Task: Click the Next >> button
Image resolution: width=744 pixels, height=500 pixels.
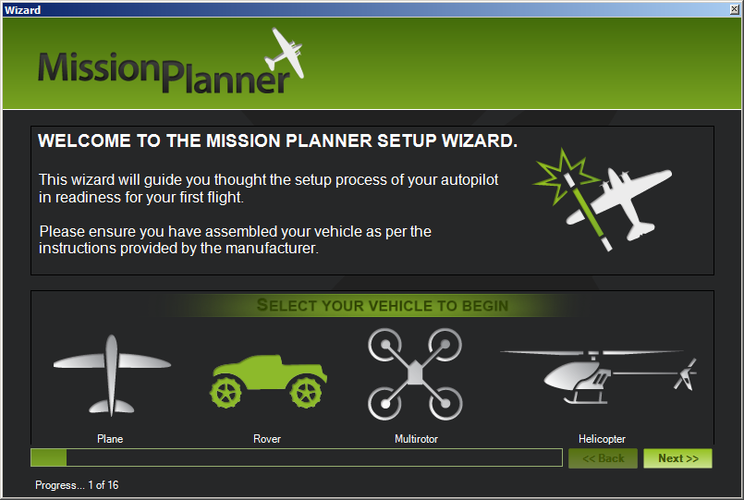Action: click(x=677, y=458)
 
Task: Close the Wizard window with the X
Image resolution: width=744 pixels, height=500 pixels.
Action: click(x=734, y=9)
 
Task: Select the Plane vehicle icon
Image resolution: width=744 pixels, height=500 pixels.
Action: click(x=112, y=375)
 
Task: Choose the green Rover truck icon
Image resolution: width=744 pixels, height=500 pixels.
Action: click(x=269, y=381)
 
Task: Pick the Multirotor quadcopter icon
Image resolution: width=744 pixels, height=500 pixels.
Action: click(x=415, y=374)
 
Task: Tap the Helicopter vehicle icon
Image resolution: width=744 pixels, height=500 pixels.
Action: click(x=599, y=377)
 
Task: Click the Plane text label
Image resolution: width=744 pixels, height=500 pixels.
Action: click(x=110, y=439)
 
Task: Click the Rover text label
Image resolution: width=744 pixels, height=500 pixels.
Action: click(x=267, y=439)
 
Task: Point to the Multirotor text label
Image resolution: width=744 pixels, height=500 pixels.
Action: click(x=416, y=439)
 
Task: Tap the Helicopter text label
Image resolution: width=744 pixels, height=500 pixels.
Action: click(x=602, y=439)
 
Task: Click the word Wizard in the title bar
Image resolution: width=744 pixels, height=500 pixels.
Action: click(x=23, y=10)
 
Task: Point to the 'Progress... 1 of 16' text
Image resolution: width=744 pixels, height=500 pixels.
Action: click(x=77, y=485)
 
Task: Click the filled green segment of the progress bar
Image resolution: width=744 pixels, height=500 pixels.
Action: click(x=49, y=457)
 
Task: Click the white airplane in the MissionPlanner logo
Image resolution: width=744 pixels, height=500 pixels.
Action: click(x=285, y=53)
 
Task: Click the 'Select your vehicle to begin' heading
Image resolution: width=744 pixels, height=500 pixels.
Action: click(x=383, y=306)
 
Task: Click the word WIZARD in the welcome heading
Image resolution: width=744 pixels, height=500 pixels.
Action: click(x=480, y=140)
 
